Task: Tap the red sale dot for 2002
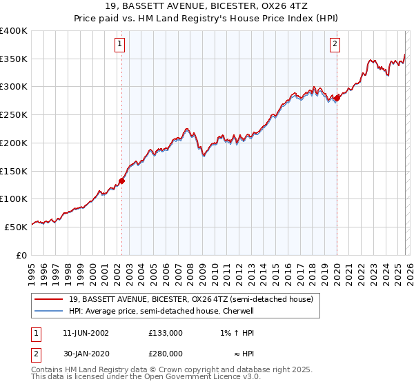pos(121,181)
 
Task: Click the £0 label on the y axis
pos(23,255)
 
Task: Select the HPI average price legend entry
pos(161,311)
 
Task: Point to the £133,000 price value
pos(166,333)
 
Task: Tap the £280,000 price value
pos(166,355)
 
